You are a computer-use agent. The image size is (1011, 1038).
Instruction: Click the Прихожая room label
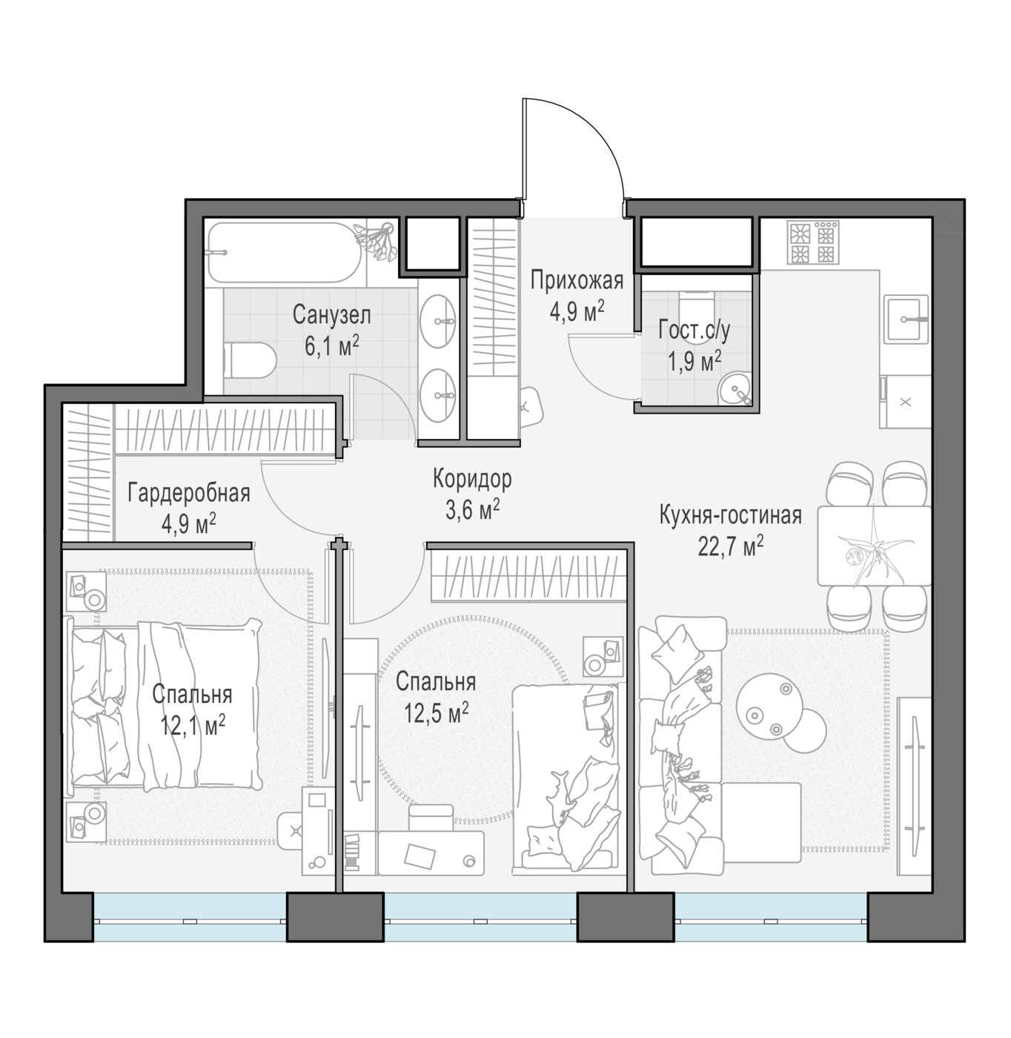[577, 281]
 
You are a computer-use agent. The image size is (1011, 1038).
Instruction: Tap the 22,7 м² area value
[731, 546]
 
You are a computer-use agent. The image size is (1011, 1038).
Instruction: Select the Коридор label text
[472, 479]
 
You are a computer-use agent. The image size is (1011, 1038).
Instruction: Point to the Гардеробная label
[189, 493]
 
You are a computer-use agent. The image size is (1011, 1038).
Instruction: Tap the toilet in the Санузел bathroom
[250, 360]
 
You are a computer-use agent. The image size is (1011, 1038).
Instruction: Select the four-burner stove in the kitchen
[812, 242]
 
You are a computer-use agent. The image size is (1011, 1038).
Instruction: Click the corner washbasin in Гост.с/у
[735, 388]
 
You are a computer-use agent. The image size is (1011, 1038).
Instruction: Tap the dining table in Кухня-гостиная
[874, 546]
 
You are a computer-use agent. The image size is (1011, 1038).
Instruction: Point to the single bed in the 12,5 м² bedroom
[566, 779]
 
